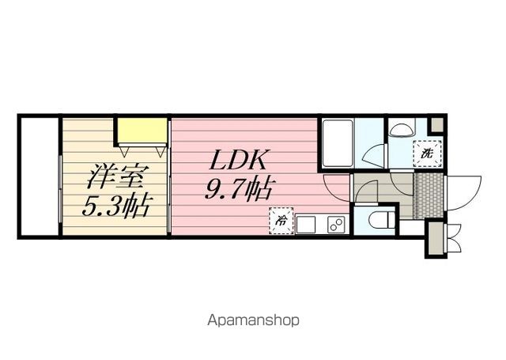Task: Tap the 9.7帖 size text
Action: [x=241, y=190]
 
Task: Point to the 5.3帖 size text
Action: [x=116, y=207]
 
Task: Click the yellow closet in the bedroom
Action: [x=142, y=129]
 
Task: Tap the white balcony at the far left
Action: [x=38, y=176]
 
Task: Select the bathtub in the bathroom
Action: [x=337, y=142]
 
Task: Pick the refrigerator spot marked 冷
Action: [x=281, y=222]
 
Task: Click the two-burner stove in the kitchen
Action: [x=335, y=224]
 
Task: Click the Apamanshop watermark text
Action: [x=253, y=320]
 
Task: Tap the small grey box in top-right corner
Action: [x=436, y=125]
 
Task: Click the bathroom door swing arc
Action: [x=373, y=154]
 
